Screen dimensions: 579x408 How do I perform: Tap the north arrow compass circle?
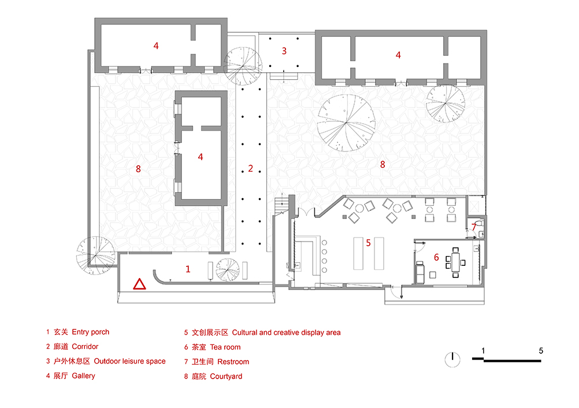[452, 359]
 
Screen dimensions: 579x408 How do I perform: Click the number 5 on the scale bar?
[541, 351]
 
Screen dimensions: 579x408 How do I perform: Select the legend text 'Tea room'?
[225, 347]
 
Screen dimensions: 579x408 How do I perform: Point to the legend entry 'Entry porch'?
[91, 332]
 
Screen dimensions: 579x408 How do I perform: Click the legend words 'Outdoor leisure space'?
[129, 361]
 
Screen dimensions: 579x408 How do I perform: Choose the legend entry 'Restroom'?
[233, 362]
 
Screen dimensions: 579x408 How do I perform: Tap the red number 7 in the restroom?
[474, 227]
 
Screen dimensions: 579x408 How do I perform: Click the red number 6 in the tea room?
[436, 257]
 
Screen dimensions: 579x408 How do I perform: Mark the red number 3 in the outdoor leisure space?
[284, 51]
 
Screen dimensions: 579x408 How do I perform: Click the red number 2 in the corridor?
[250, 168]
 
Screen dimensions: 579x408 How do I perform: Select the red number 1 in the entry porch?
[188, 269]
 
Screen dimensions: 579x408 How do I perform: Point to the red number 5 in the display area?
[368, 243]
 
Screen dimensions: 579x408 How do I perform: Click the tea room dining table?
[456, 262]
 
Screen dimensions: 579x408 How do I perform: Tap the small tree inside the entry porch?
[228, 270]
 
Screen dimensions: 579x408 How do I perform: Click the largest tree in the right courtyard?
[346, 123]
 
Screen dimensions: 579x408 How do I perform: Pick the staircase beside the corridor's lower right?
[281, 205]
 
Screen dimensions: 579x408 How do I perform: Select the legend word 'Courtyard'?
[226, 377]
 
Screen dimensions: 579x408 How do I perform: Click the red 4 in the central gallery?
[201, 157]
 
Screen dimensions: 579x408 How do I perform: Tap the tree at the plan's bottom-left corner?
[96, 255]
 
